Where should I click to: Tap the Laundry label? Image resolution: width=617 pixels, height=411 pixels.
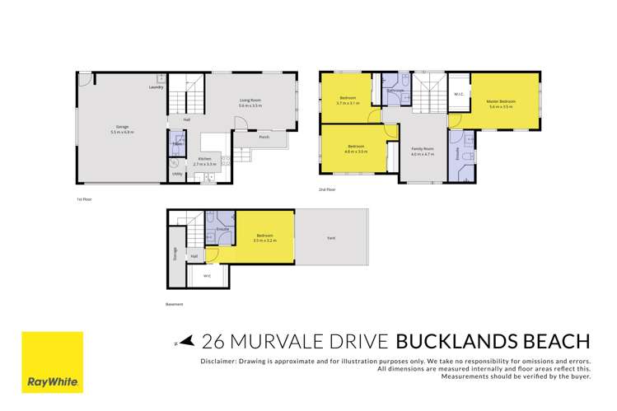click(155, 87)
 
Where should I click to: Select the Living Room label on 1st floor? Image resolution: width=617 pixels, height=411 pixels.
click(250, 101)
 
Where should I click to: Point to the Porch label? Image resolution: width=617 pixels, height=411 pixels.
click(264, 137)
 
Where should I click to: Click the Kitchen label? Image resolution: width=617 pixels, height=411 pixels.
click(204, 160)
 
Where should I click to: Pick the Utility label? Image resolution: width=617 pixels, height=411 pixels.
click(176, 174)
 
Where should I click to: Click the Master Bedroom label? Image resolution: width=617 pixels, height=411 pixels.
click(501, 102)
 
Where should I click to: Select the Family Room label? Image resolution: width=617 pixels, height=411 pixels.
click(422, 149)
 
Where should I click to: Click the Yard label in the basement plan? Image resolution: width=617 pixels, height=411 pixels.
click(330, 238)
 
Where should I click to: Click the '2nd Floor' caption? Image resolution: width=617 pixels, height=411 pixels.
click(328, 190)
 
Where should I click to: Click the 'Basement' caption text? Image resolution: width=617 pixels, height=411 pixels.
click(174, 304)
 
